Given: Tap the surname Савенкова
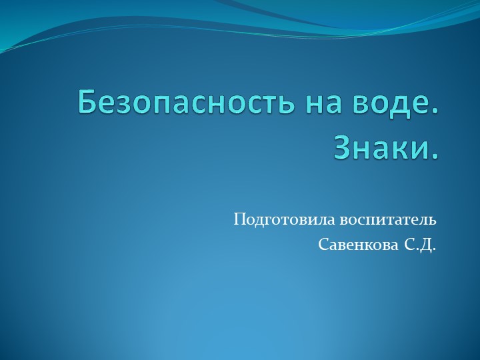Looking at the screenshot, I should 358,245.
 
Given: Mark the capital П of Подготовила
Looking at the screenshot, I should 239,219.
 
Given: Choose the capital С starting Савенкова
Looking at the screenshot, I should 323,245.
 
